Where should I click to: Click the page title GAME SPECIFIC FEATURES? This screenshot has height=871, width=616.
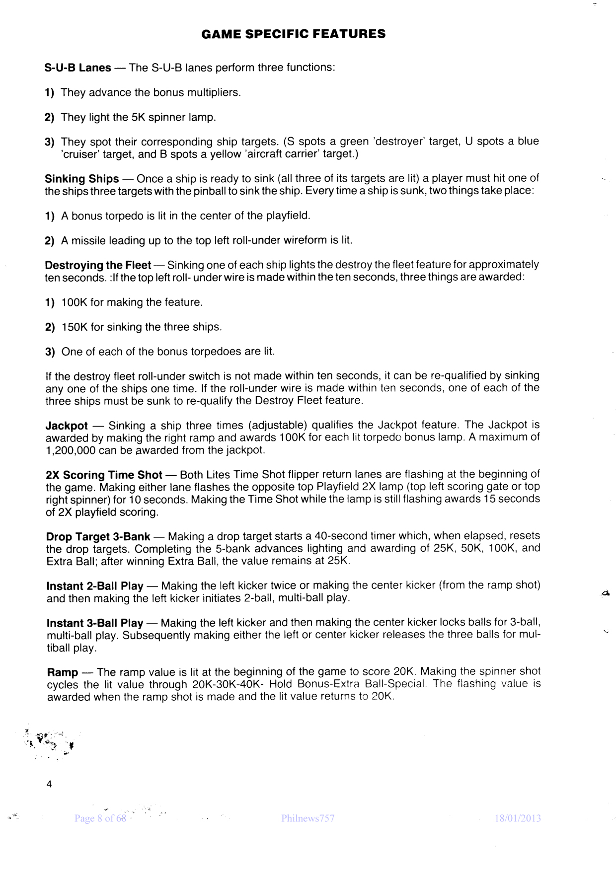click(294, 34)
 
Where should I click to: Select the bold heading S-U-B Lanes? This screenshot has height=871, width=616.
click(78, 68)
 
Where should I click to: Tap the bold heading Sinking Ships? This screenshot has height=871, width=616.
click(82, 179)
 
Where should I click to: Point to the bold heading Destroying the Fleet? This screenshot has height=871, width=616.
click(98, 265)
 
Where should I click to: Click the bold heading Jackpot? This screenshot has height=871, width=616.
click(67, 426)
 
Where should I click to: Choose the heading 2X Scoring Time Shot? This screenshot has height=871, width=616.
click(104, 475)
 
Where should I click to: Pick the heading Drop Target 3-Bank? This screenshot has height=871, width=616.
click(98, 537)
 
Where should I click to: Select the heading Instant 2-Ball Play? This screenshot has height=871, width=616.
click(95, 586)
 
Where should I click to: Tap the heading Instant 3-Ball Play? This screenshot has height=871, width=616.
click(95, 623)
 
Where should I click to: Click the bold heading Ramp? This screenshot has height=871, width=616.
click(62, 672)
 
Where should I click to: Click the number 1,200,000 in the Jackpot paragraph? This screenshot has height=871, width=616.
click(70, 450)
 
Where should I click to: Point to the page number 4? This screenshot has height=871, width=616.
click(49, 785)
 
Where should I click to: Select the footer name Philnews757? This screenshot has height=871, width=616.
click(308, 818)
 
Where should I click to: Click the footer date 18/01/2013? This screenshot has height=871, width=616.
click(518, 818)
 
